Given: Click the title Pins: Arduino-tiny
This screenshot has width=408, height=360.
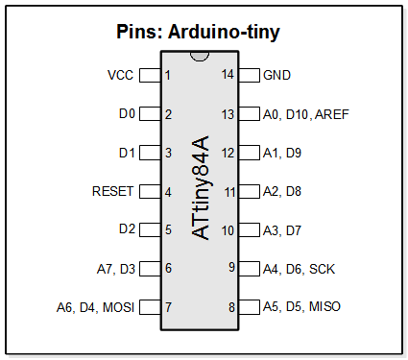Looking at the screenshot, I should coord(198,33).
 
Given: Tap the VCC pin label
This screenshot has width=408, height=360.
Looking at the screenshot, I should coord(121,74).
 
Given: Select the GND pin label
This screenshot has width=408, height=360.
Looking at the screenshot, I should coord(276,74).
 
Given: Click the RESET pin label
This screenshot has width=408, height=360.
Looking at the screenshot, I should coord(112,191).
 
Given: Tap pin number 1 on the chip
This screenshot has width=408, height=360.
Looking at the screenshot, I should coord(168,75).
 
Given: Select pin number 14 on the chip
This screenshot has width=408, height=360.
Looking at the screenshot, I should coord(228,75).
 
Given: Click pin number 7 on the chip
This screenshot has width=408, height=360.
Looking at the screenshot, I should coord(168,308).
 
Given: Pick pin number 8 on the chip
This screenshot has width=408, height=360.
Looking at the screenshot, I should coord(231,308).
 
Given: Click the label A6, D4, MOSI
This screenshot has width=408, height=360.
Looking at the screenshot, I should coord(95,307).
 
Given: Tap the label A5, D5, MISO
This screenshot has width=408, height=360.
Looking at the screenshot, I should coord(301,307).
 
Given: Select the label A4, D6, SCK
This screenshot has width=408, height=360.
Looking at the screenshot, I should coord(299,269).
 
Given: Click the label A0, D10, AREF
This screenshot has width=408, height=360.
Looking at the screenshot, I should coord(305,114).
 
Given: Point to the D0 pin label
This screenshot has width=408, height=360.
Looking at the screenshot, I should coord(127,114).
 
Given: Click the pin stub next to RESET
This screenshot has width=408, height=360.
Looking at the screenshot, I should coord(150,191).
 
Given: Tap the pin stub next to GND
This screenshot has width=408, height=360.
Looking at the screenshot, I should coord(249,75).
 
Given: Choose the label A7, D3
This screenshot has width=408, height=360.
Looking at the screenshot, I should coord(116,269).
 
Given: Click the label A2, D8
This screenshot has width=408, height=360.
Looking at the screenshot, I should coord(282,191).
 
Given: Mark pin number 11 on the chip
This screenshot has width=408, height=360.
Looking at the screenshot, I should coord(229,192).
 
